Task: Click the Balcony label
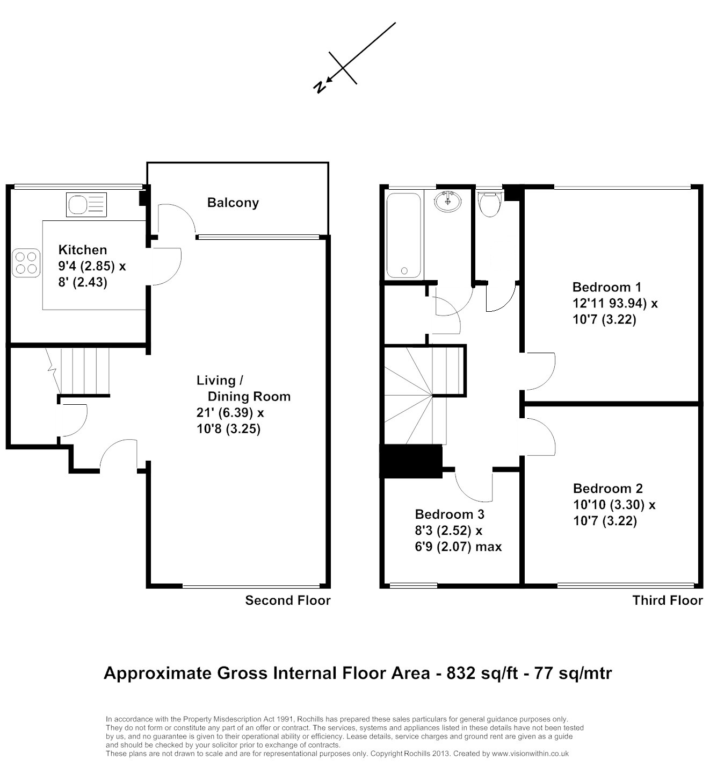[x=233, y=203]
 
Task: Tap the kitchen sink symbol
[x=86, y=204]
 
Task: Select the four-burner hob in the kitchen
[x=26, y=263]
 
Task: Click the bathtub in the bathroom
[x=403, y=235]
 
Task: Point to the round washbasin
[x=447, y=201]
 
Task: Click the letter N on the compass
[x=319, y=88]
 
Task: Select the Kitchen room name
[x=83, y=250]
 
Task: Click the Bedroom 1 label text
[x=607, y=287]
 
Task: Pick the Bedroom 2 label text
[x=608, y=488]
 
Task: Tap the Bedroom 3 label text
[x=450, y=514]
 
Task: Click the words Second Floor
[x=288, y=600]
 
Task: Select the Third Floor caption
[x=668, y=600]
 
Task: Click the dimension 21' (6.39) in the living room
[x=224, y=413]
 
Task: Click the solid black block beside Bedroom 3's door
[x=411, y=461]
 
